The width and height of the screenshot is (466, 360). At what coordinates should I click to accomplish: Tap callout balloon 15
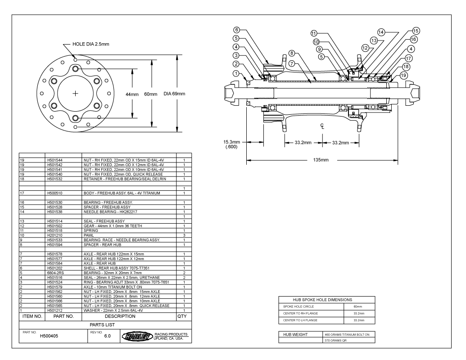pos(416,30)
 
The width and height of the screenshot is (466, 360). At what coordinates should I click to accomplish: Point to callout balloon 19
pos(404,75)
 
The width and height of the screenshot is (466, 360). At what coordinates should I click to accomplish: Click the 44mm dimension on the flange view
pos(132,94)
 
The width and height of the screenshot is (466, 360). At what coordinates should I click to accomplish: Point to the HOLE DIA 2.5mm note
pos(94,44)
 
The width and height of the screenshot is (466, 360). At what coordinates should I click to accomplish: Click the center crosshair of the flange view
pos(75,94)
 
